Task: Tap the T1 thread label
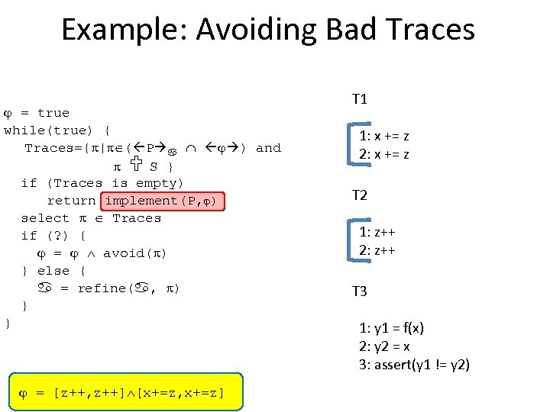pyautogui.click(x=359, y=98)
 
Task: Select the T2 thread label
pyautogui.click(x=359, y=195)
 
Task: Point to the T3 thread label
pyautogui.click(x=359, y=291)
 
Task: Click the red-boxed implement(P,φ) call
pyautogui.click(x=164, y=201)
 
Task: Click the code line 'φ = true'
pyautogui.click(x=37, y=113)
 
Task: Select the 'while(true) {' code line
pyautogui.click(x=57, y=130)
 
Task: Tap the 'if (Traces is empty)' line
pyautogui.click(x=102, y=183)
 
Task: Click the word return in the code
pyautogui.click(x=71, y=201)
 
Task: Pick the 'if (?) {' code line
pyautogui.click(x=53, y=236)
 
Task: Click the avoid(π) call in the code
pyautogui.click(x=134, y=253)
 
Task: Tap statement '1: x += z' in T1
pyautogui.click(x=384, y=137)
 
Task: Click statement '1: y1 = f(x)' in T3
pyautogui.click(x=391, y=328)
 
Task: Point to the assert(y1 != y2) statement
pyautogui.click(x=414, y=364)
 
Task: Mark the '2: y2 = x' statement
pyautogui.click(x=384, y=346)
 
